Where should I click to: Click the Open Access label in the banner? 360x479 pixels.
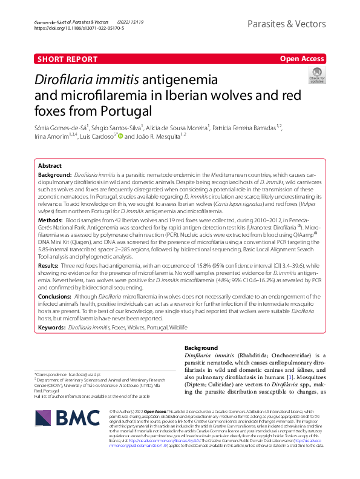(x=301, y=59)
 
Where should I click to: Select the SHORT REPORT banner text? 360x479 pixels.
(x=68, y=59)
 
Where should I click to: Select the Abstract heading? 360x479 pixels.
(x=50, y=165)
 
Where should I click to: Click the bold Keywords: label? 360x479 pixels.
(x=52, y=327)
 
